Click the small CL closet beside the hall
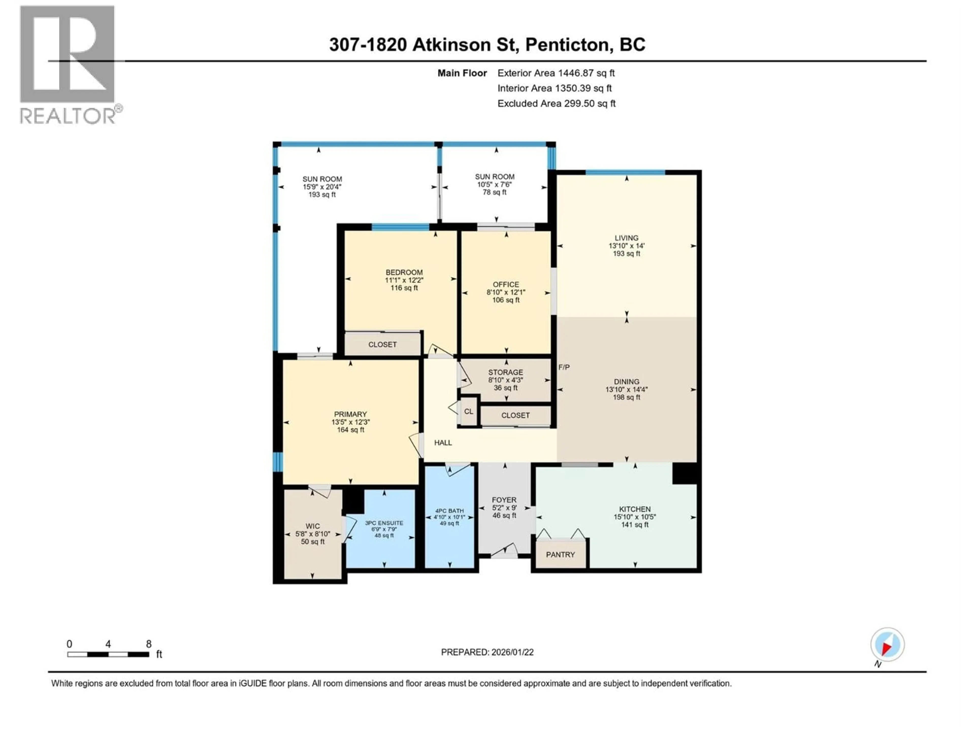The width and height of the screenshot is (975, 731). [468, 411]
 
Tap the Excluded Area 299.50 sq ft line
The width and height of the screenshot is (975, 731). [556, 104]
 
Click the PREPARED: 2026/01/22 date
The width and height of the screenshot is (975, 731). [487, 652]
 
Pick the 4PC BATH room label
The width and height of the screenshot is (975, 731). [449, 511]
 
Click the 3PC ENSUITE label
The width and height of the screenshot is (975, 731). [384, 523]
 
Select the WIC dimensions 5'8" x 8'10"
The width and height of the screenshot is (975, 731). [313, 534]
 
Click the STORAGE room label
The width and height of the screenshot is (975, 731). [506, 372]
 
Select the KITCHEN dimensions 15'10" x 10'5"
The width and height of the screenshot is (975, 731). [635, 517]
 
